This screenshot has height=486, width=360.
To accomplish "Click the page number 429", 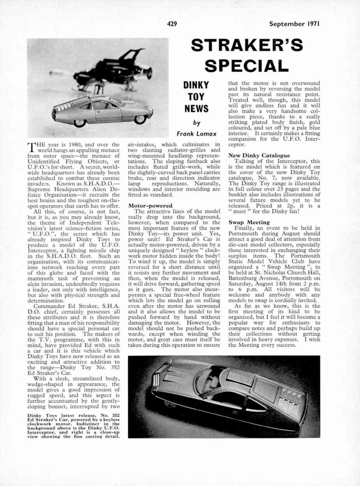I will click(172, 24).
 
